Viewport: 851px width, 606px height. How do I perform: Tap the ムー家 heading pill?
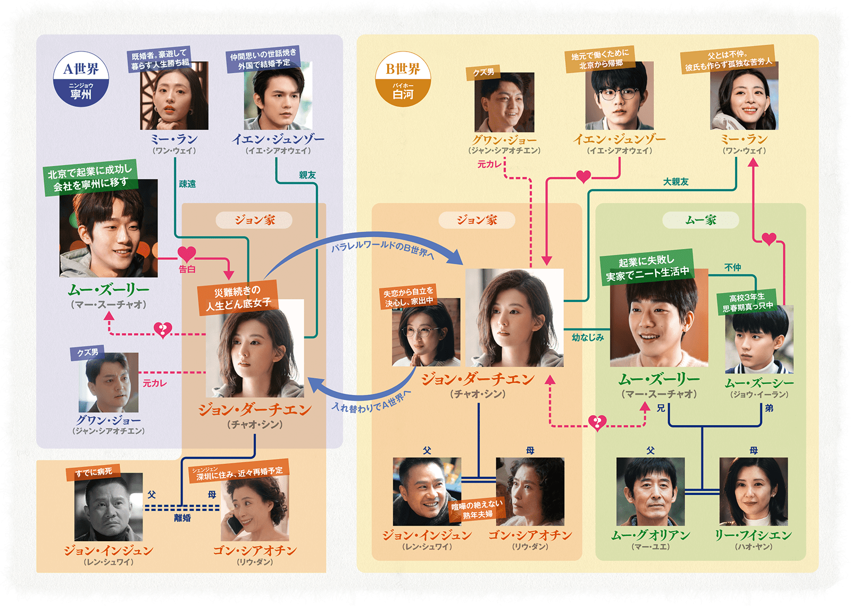(x=700, y=220)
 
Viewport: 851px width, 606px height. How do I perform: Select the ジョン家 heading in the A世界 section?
(x=254, y=220)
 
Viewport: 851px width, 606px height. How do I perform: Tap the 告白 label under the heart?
(x=187, y=270)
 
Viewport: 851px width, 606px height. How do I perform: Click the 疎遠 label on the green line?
(x=187, y=184)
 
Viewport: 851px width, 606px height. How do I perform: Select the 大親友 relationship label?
(x=675, y=182)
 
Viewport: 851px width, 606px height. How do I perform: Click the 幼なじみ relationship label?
(x=588, y=337)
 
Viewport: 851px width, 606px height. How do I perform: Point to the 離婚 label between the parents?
(x=182, y=518)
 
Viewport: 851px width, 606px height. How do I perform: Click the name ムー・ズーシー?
(x=759, y=383)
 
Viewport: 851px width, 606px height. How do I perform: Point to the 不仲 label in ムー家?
(x=732, y=267)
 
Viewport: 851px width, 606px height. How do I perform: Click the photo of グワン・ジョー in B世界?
(x=504, y=102)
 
